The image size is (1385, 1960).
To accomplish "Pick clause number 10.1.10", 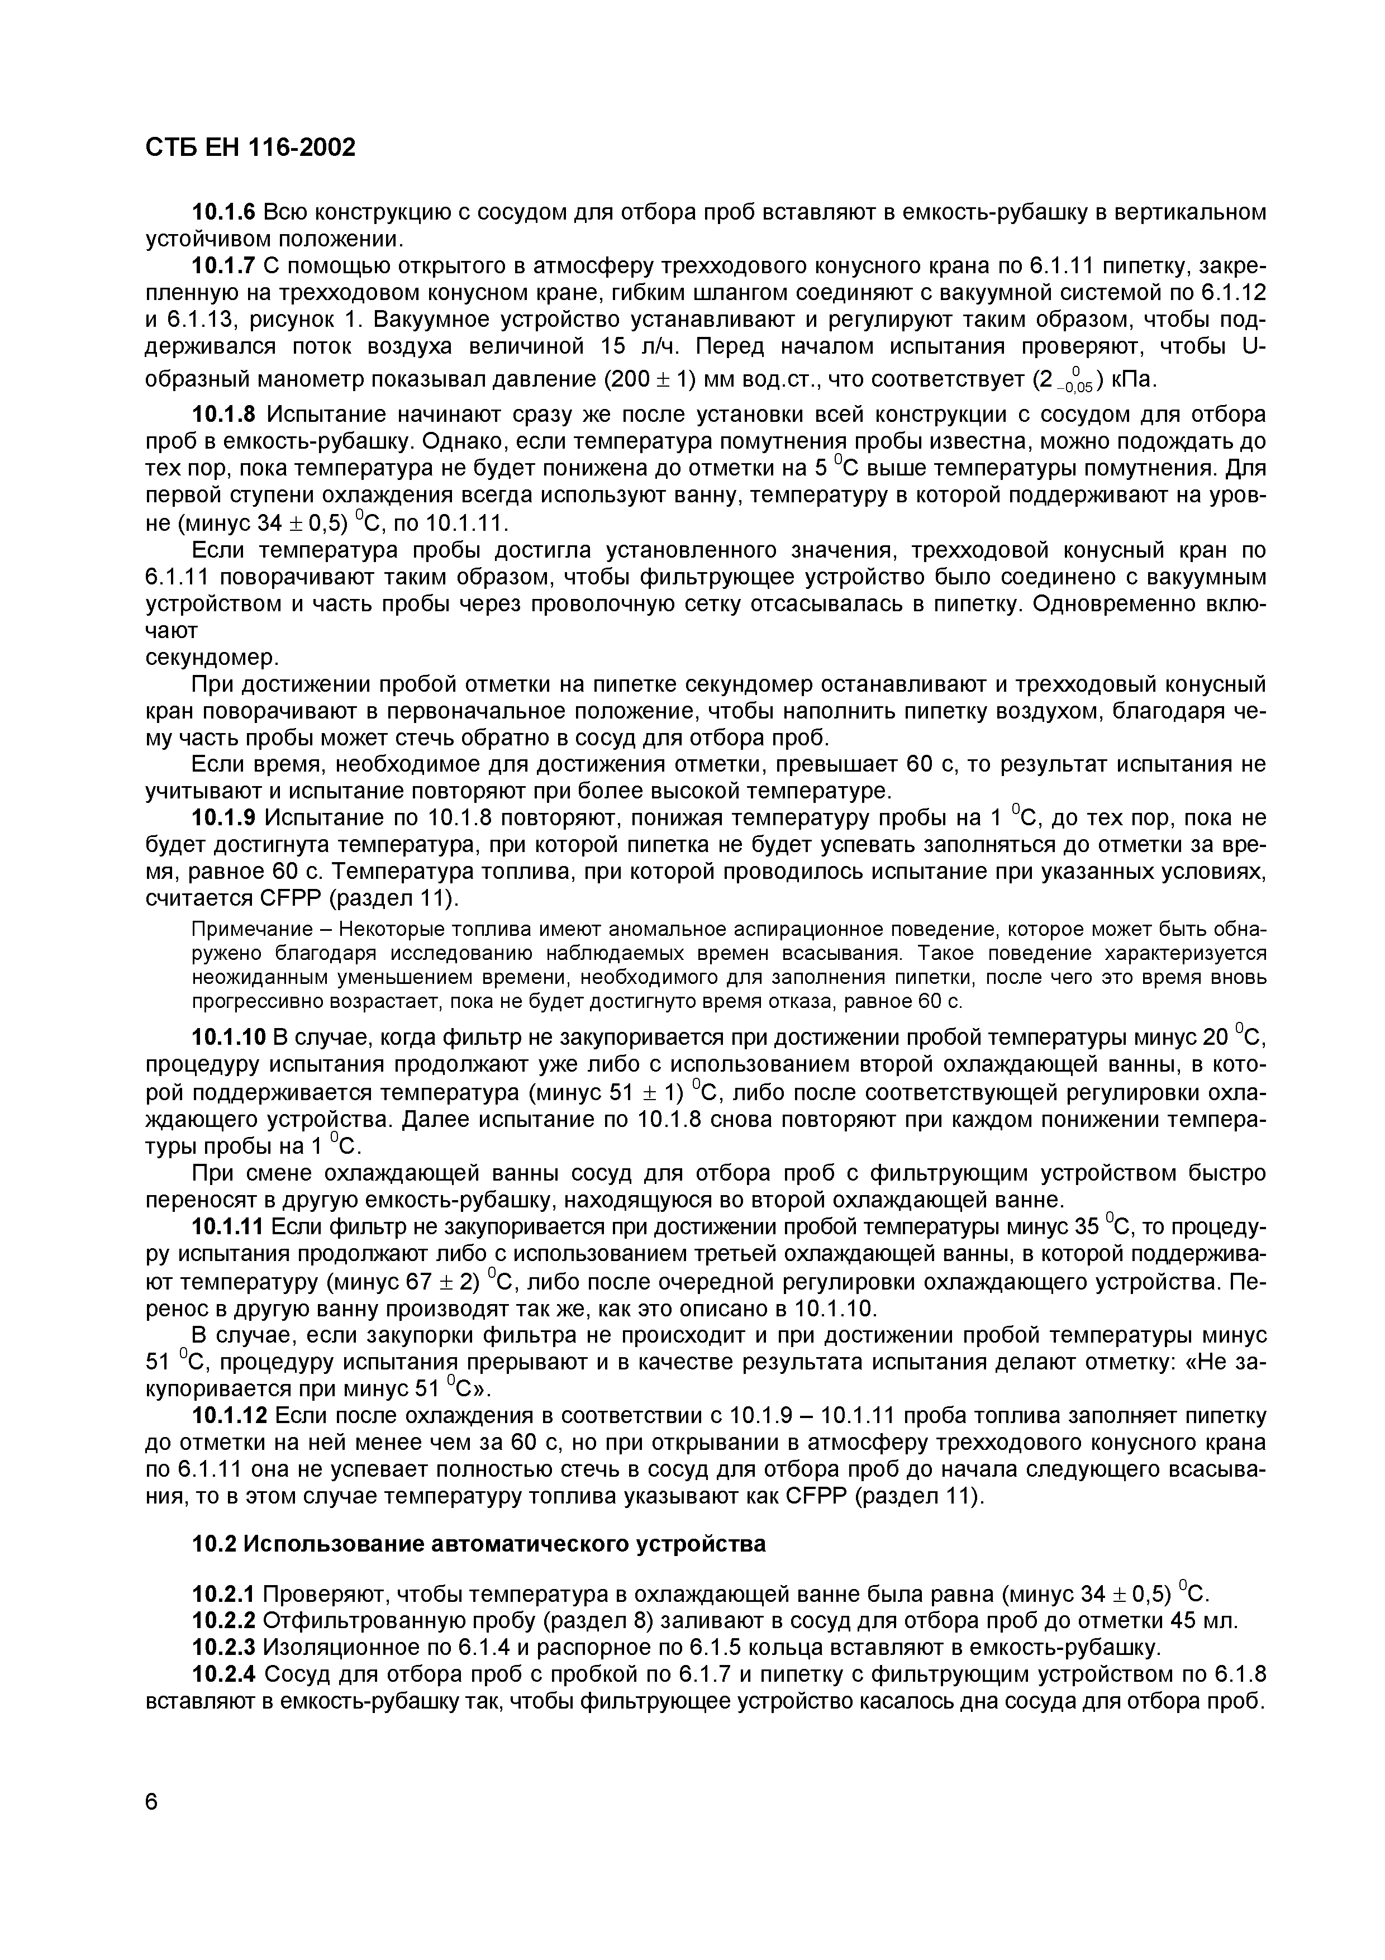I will coord(229,1037).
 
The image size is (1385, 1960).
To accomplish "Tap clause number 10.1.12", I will coord(229,1416).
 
